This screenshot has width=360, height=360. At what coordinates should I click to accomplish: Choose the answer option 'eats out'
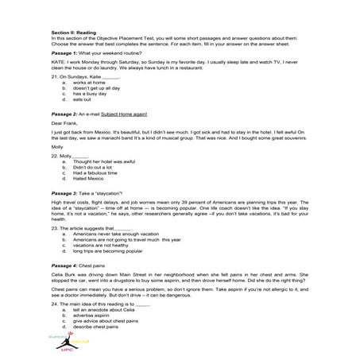81,99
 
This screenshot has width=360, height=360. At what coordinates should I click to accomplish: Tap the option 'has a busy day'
87,94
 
